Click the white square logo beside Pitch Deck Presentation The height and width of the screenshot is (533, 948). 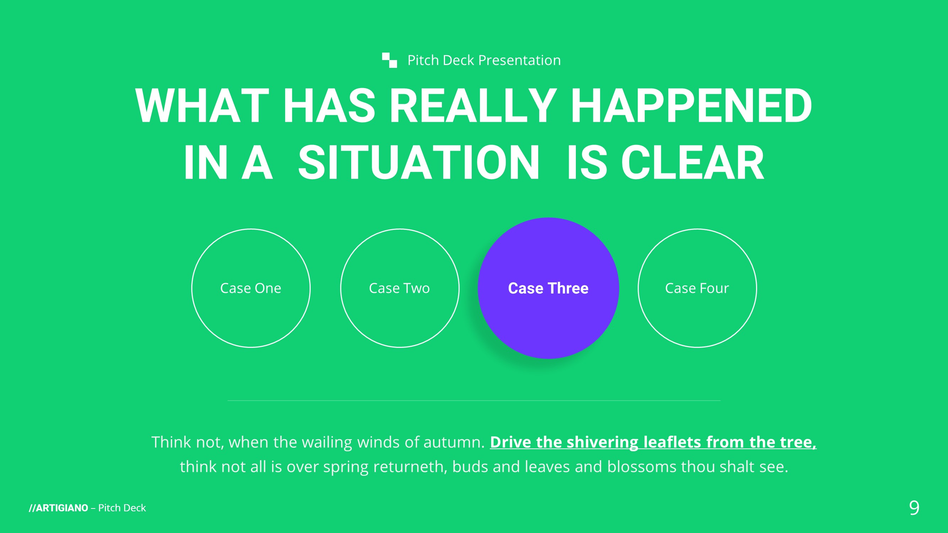click(x=389, y=60)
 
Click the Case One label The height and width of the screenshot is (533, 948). click(x=251, y=288)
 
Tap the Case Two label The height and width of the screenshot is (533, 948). click(x=399, y=288)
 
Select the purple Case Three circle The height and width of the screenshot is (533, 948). click(x=548, y=288)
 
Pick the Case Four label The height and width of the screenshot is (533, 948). click(x=697, y=288)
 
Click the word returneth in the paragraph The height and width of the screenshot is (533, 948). click(x=410, y=467)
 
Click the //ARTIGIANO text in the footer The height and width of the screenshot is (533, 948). click(x=59, y=508)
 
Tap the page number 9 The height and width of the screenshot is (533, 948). click(x=914, y=508)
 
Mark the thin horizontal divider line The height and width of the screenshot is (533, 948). click(x=474, y=400)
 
